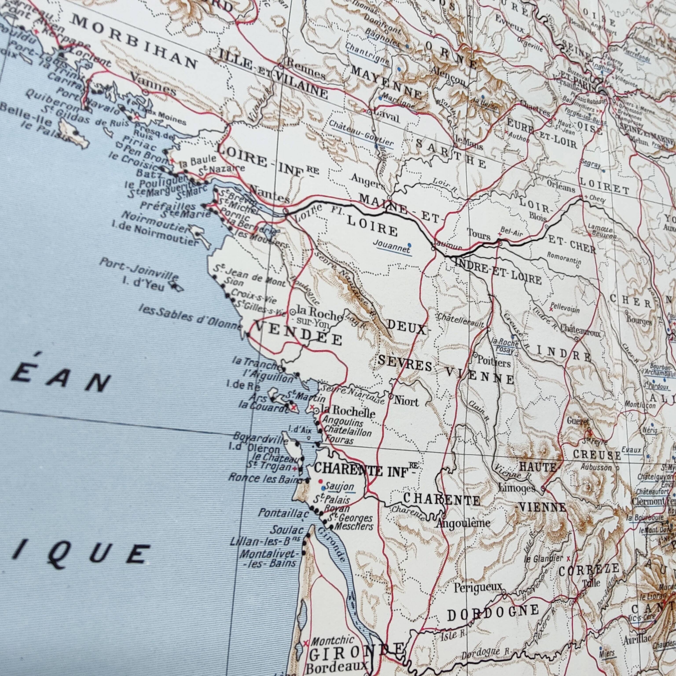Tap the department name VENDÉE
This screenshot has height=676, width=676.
(x=299, y=332)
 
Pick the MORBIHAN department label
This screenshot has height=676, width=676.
(x=135, y=42)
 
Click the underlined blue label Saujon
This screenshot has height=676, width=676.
(x=339, y=487)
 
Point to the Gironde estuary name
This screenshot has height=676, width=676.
(x=332, y=549)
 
